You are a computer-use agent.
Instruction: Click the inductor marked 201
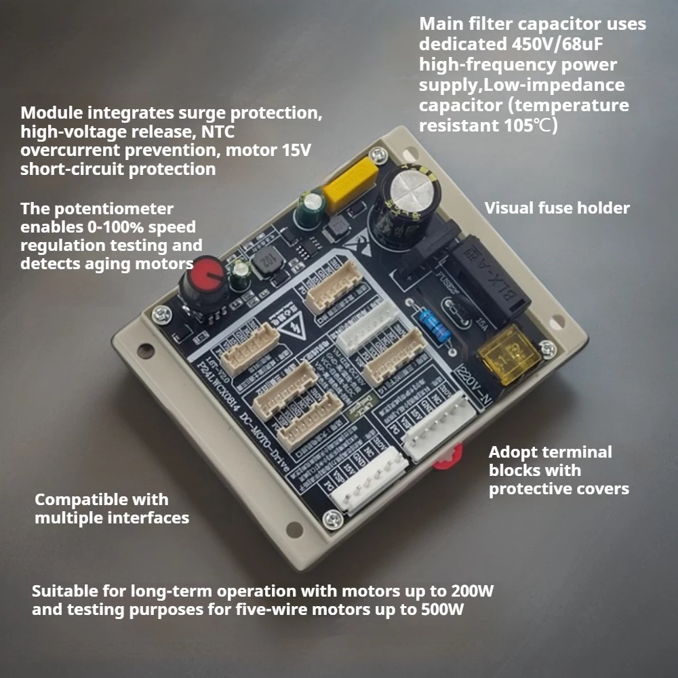pos(262,266)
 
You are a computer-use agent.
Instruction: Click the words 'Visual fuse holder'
pos(557,208)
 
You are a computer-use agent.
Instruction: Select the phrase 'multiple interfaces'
pos(112,518)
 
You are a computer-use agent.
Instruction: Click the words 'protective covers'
pos(559,488)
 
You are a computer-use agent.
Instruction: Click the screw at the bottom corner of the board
pos(332,519)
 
